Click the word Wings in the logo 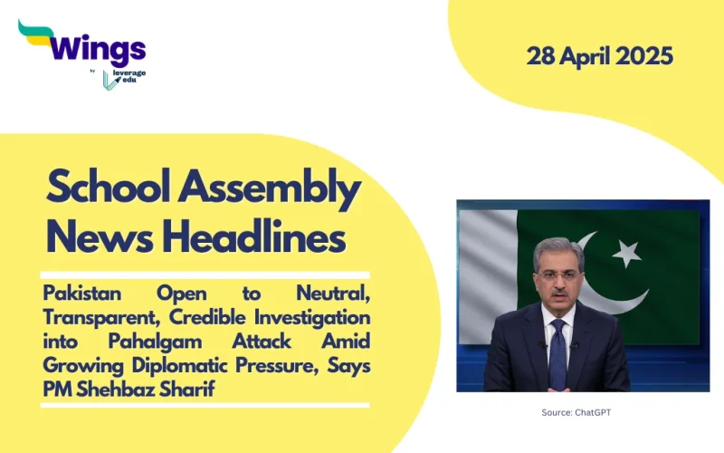pyautogui.click(x=99, y=47)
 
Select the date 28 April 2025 pyautogui.click(x=600, y=56)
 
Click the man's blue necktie pyautogui.click(x=557, y=353)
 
